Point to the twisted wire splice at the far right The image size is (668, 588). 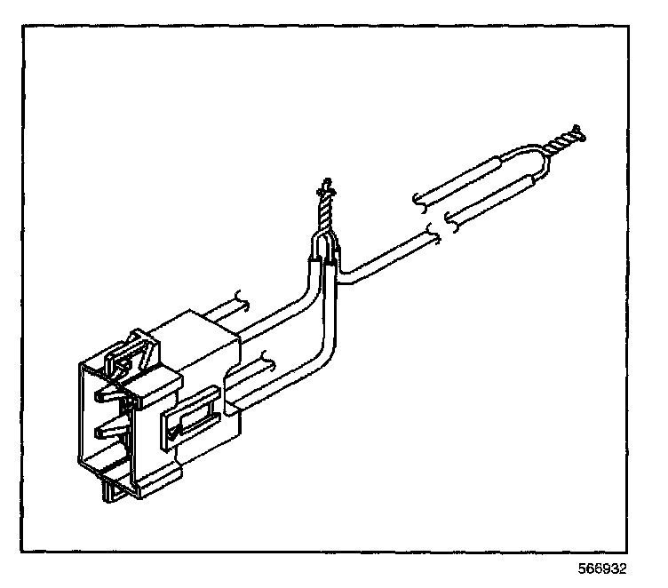coord(565,142)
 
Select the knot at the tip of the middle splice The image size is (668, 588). coord(325,187)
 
